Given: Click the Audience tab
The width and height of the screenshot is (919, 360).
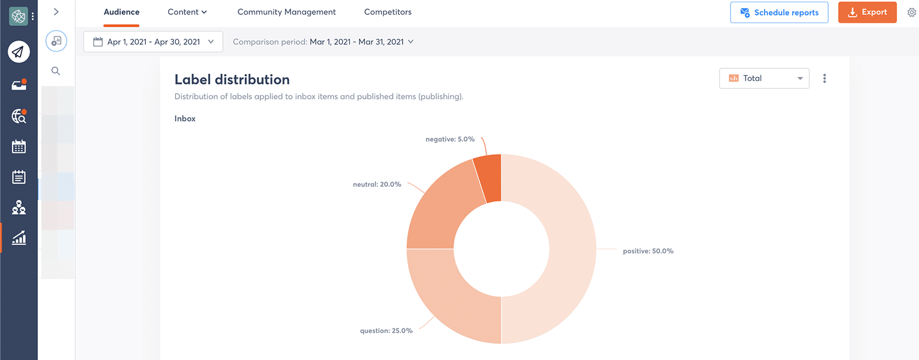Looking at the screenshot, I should tap(121, 12).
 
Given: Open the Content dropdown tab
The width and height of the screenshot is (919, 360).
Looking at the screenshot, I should tap(187, 12).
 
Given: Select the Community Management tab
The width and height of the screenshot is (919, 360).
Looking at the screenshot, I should tap(287, 12).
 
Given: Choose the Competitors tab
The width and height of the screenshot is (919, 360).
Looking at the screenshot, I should tap(388, 12).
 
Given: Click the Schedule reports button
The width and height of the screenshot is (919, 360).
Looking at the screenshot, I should tap(779, 12).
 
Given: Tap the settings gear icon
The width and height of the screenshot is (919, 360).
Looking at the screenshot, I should tap(912, 12).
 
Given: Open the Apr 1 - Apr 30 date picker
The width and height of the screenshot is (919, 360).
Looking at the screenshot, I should tap(153, 42).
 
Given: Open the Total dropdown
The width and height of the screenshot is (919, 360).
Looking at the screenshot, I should tap(764, 79).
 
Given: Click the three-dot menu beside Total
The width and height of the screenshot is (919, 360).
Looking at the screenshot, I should tap(824, 79).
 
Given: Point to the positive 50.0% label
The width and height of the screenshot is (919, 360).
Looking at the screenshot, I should tap(648, 251).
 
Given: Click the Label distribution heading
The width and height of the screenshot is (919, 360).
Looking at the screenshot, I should tap(232, 80).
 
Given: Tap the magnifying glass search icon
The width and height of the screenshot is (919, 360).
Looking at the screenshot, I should tap(56, 71).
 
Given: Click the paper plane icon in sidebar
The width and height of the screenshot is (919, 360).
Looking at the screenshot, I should tap(19, 52).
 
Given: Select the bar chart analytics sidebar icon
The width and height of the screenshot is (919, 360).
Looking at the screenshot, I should tap(19, 238).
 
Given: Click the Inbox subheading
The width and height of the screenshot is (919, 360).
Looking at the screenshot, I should tap(185, 119).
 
